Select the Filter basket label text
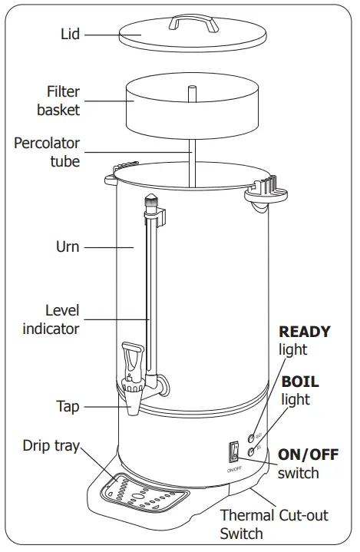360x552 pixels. click(x=58, y=101)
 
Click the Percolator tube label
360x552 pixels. click(x=47, y=153)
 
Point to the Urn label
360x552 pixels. click(x=67, y=247)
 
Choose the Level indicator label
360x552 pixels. click(x=51, y=320)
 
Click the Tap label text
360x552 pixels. click(x=68, y=406)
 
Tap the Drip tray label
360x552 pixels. click(x=51, y=445)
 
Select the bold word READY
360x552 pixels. click(x=304, y=332)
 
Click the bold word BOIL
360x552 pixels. click(x=300, y=382)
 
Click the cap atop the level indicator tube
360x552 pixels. click(x=152, y=204)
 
